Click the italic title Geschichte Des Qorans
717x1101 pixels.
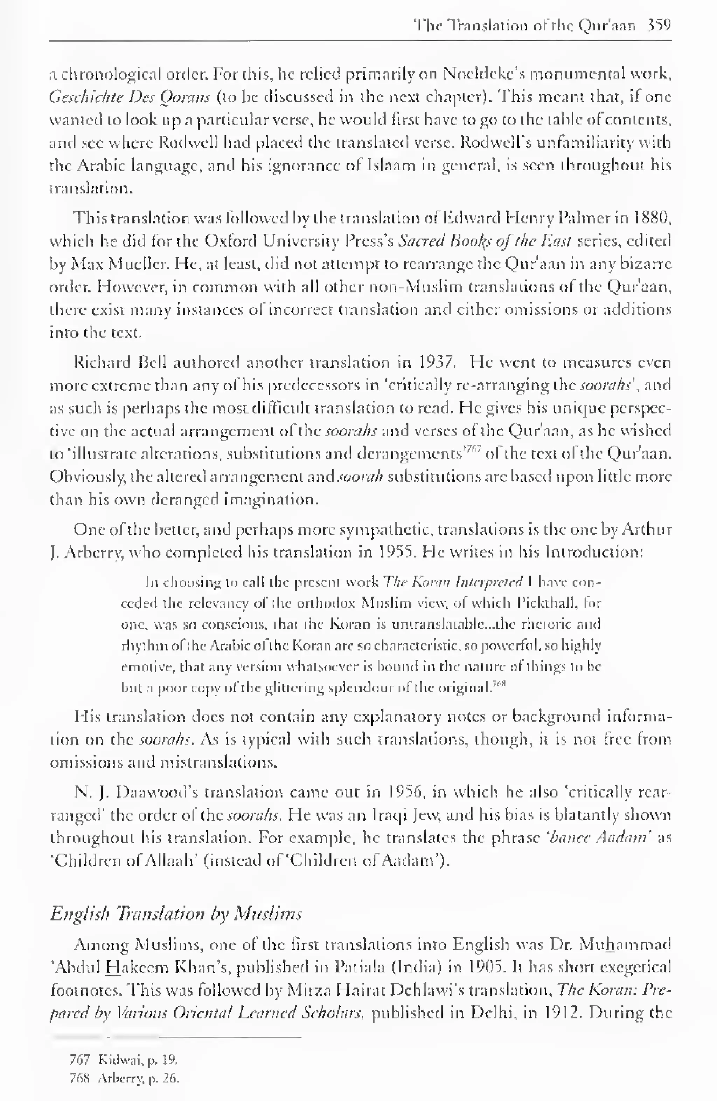(130, 97)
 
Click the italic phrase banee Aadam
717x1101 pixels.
(601, 838)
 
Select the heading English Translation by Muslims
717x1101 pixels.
(176, 914)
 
